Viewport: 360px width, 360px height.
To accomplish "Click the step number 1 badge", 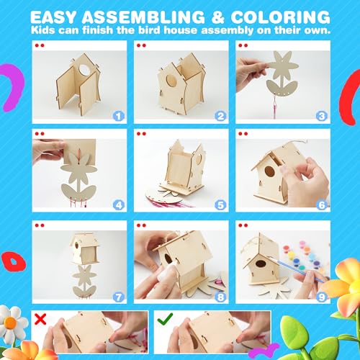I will tap(118, 114).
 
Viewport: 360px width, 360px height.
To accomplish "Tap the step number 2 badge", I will tap(220, 114).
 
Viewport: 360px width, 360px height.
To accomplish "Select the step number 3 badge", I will tap(322, 114).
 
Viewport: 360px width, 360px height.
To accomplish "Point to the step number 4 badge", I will tap(118, 204).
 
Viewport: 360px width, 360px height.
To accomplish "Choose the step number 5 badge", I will tap(220, 204).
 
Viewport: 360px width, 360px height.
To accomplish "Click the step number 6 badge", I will tap(322, 204).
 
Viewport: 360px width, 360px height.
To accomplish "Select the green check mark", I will tap(165, 317).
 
